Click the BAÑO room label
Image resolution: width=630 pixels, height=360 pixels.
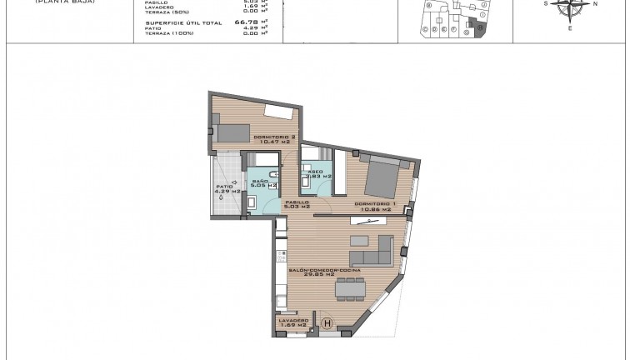(x=260, y=181)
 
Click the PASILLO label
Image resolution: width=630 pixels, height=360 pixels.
(x=297, y=202)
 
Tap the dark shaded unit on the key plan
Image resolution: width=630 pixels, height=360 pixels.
(x=480, y=28)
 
